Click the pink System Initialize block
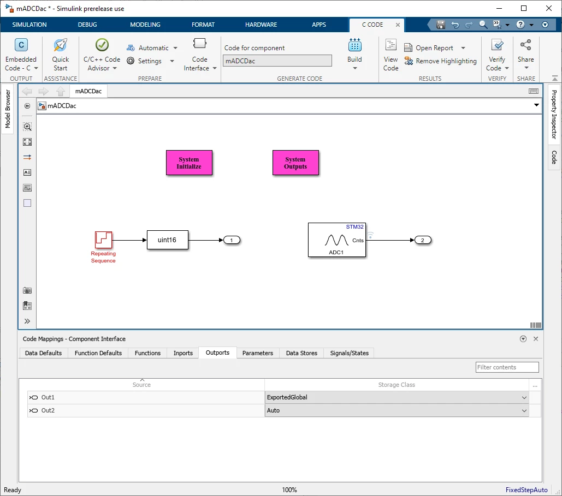[x=189, y=163]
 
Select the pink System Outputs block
[x=295, y=163]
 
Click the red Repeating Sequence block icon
[x=103, y=240]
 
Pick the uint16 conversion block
[x=167, y=240]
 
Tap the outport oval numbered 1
[x=232, y=240]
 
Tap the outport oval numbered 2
[x=423, y=240]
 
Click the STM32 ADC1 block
[x=337, y=240]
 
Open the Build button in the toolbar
[x=354, y=53]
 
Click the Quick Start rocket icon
[x=60, y=45]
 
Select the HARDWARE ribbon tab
[x=261, y=25]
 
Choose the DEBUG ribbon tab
[x=87, y=25]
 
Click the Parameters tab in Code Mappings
[x=258, y=353]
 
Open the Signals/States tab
[x=350, y=353]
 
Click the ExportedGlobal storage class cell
[x=397, y=397]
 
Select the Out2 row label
[x=48, y=410]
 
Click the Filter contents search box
[x=507, y=367]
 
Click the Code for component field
[x=277, y=61]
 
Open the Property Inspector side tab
[x=554, y=114]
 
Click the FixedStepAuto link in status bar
[x=526, y=489]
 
